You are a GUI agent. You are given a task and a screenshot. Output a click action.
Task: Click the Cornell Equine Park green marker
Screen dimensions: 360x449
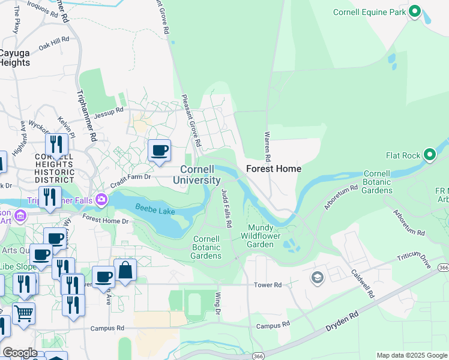pos(415,11)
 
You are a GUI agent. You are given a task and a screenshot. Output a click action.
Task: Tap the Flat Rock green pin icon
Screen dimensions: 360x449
pos(430,155)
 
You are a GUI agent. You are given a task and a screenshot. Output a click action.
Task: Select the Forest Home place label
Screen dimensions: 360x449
pos(274,169)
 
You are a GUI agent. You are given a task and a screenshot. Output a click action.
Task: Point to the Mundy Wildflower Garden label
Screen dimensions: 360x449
pos(261,236)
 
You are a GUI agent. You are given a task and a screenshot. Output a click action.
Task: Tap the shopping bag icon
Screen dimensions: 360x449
pos(125,271)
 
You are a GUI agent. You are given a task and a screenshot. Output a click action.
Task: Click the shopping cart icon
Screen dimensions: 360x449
pos(23,313)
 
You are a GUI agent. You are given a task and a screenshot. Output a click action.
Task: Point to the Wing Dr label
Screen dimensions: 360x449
pos(218,306)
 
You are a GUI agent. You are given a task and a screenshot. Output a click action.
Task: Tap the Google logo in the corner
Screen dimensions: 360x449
pos(20,353)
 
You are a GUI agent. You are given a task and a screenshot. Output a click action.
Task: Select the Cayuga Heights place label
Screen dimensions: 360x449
pos(14,57)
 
